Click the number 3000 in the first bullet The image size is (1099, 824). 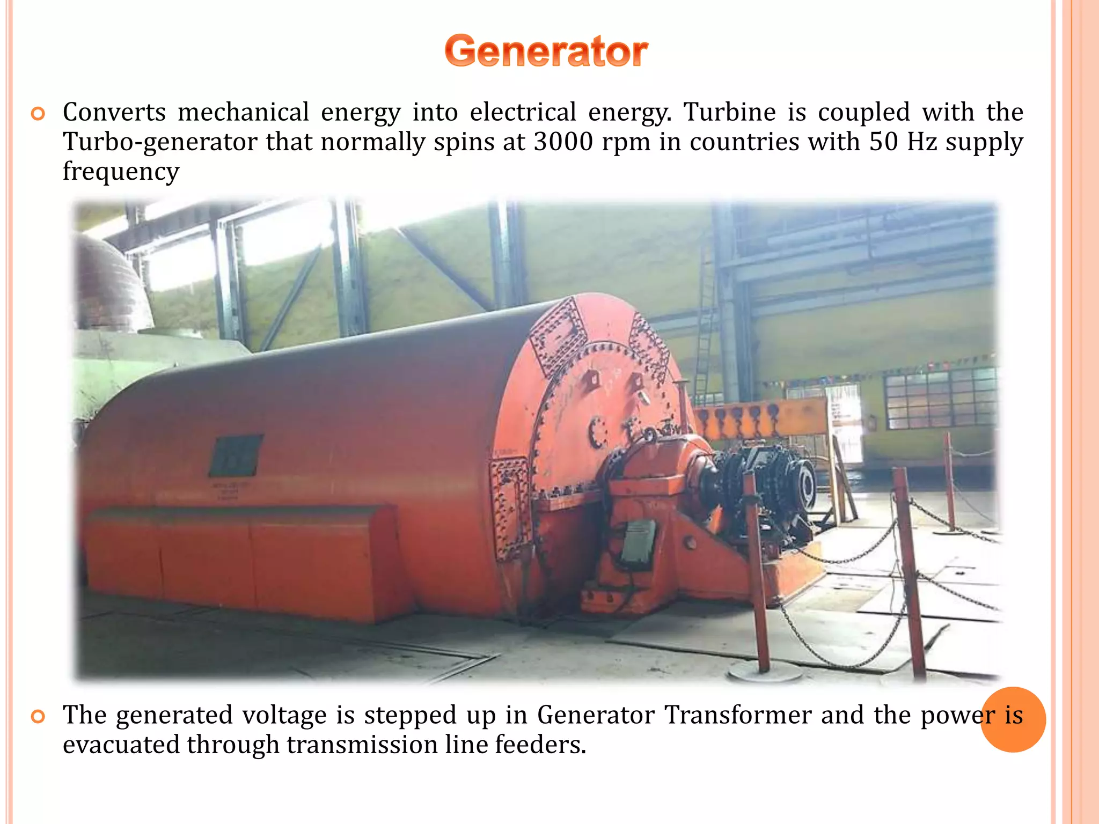[563, 142]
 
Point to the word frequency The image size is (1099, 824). [121, 172]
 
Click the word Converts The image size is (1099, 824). [114, 112]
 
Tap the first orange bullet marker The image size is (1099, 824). [38, 114]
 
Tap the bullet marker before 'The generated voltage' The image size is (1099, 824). [38, 716]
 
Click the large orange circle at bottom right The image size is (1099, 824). [1013, 720]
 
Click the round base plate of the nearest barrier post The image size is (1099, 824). [764, 671]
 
